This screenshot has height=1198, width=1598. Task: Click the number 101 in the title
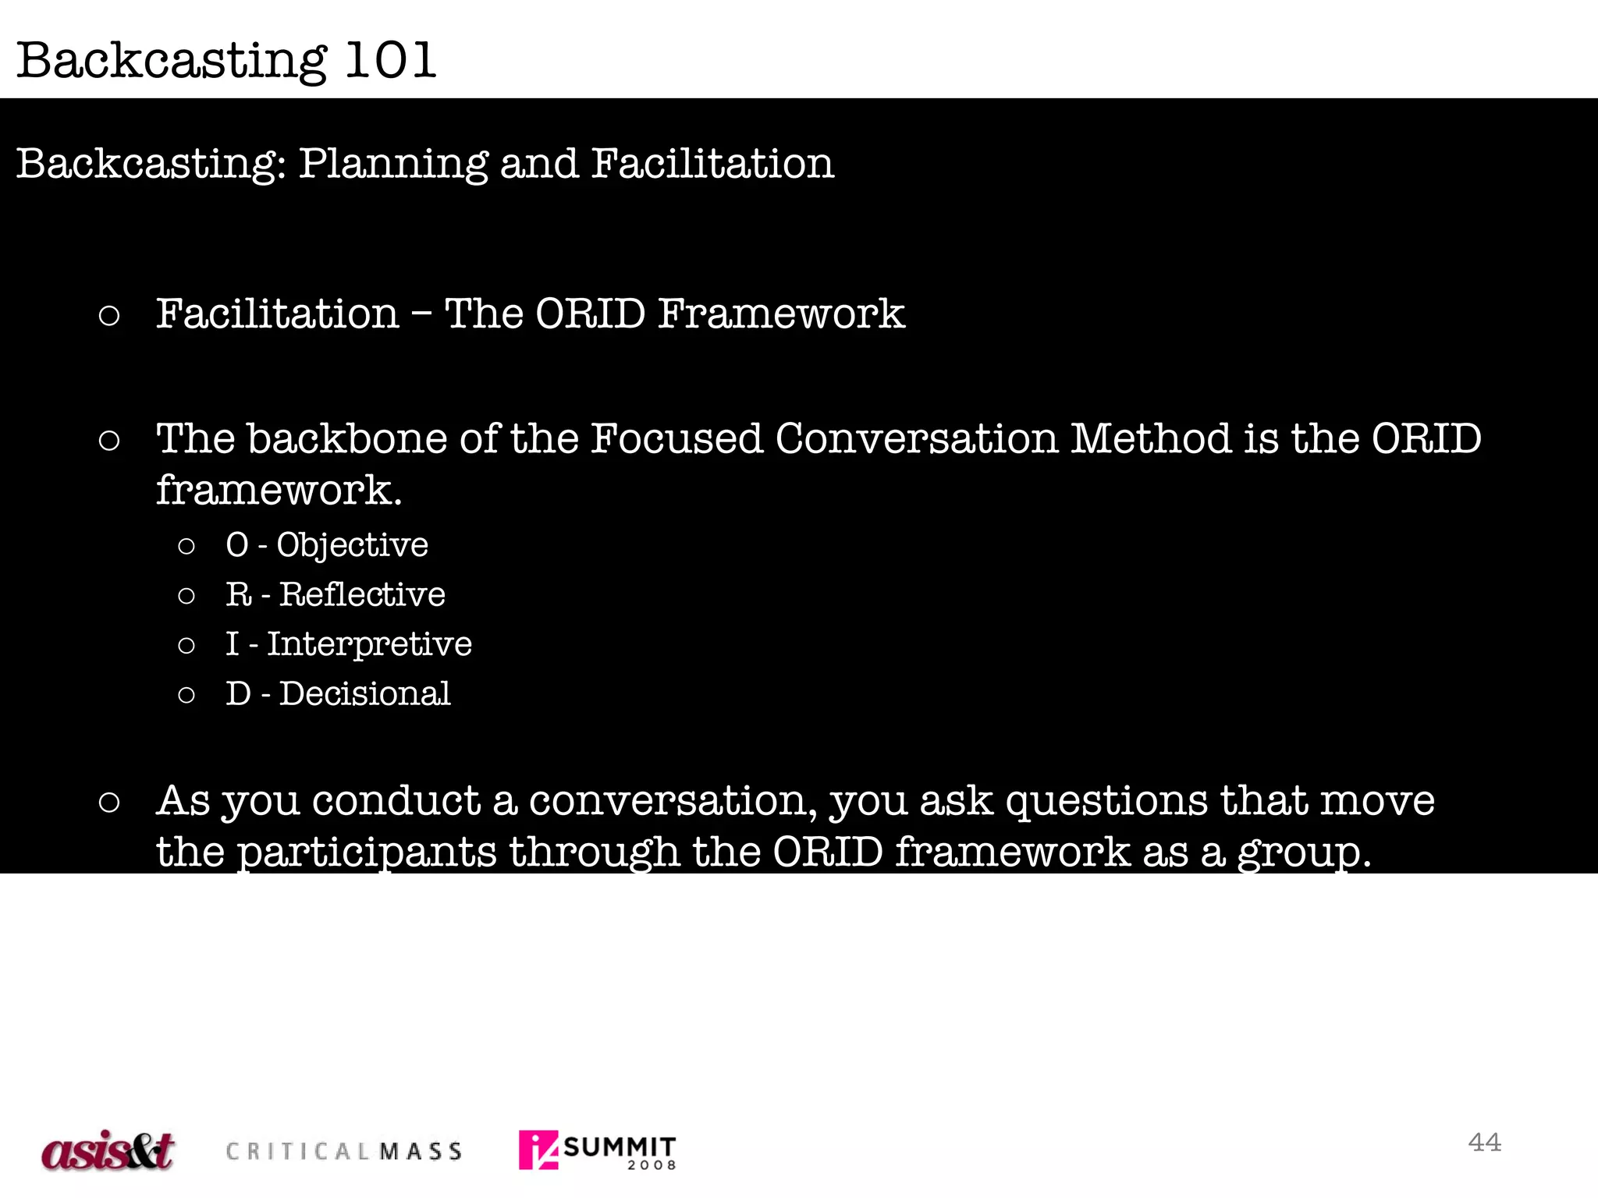coord(390,61)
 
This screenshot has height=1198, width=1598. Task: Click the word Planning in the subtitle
coord(394,165)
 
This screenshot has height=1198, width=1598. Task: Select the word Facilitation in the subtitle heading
coord(712,164)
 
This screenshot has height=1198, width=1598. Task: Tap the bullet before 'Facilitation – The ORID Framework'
coord(109,316)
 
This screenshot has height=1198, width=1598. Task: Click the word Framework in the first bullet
coord(781,314)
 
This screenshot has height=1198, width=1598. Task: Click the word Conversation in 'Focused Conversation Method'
coord(916,438)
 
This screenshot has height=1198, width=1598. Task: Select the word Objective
coord(352,545)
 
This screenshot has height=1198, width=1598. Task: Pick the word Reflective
coord(362,595)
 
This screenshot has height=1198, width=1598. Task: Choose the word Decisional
coord(364,694)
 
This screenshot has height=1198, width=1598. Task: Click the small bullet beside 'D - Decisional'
coord(186,695)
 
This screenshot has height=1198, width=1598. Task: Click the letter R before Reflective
coord(238,595)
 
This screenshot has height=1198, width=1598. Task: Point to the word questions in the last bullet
coord(1106,802)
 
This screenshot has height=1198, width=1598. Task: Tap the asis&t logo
coord(108,1150)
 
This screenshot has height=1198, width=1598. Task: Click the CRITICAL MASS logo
coord(343,1151)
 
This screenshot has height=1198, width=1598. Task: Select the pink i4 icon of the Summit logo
coord(538,1150)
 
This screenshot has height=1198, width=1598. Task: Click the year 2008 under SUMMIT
coord(652,1165)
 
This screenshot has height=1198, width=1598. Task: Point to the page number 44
coord(1484,1143)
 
